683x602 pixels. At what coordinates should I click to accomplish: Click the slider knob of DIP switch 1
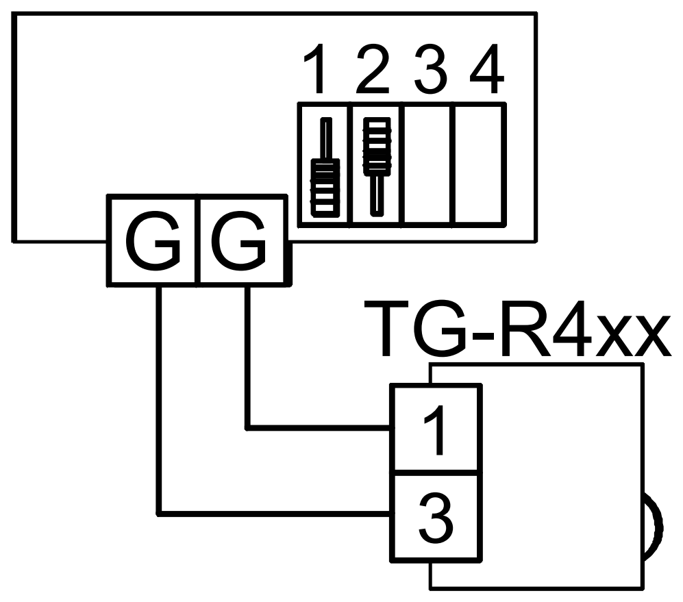[325, 188]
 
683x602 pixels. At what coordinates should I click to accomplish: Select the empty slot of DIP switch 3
[427, 164]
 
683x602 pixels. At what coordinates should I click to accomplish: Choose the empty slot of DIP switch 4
[478, 164]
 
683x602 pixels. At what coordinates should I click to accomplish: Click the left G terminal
[153, 240]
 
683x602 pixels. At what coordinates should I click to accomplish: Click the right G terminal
[242, 240]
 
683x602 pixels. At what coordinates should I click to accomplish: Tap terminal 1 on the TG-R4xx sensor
[436, 429]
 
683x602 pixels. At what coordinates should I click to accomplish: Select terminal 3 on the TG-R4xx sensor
[436, 517]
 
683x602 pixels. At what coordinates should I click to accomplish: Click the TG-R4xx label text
[517, 329]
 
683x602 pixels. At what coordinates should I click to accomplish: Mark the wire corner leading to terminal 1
[247, 428]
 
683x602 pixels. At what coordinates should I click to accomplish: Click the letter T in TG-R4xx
[386, 329]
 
